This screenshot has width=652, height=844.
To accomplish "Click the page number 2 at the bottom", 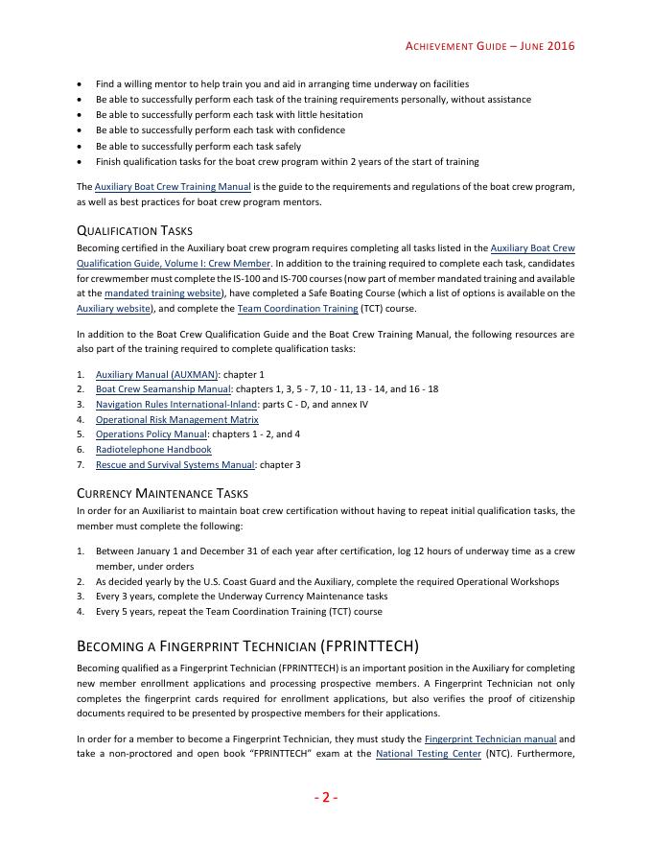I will pos(325,797).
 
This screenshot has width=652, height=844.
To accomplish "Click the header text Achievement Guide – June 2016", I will pos(490,45).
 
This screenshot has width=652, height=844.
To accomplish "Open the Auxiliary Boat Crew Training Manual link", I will pos(173,186).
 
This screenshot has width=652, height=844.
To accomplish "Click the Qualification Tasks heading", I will pos(134,230).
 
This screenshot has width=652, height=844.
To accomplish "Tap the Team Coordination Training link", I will pos(298,309).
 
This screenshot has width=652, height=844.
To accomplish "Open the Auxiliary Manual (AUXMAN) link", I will pos(157,374).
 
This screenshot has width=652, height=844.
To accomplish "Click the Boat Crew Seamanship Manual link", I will pos(163,389).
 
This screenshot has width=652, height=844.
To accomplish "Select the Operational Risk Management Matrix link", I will pos(176,420).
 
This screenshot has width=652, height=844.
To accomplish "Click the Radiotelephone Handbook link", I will pos(153,450).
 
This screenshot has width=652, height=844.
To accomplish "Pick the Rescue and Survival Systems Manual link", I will pos(175,465).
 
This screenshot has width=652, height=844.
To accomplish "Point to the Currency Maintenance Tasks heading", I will pos(162,493).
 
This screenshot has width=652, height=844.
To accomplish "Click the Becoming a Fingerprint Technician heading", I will pos(247,645).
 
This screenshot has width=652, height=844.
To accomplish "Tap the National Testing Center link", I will pos(428,754).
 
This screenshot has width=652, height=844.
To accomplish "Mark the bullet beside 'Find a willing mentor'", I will pos(79,84).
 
